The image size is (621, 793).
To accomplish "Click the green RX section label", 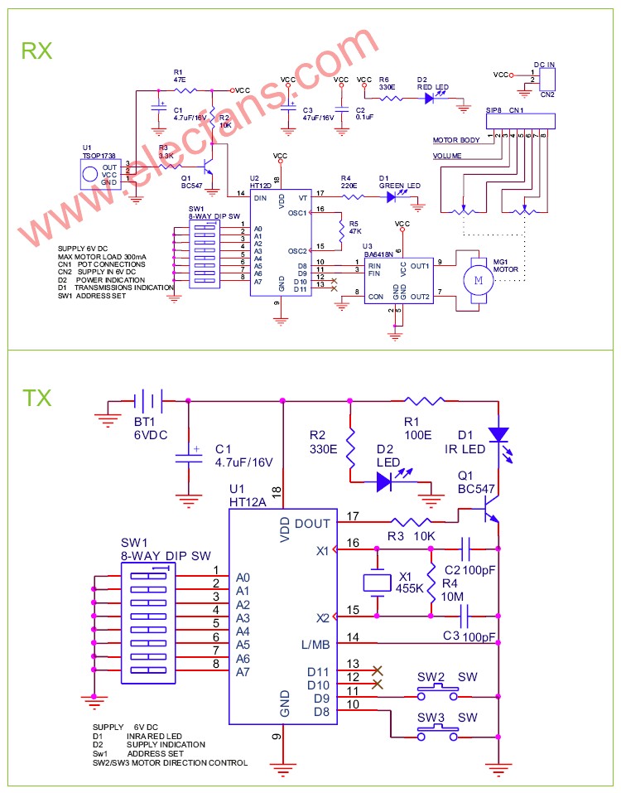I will tap(36, 51).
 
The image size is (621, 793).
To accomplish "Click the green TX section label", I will tap(36, 398).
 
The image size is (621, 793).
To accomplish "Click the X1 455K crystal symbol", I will tap(378, 582).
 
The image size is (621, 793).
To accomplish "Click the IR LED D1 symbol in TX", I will tap(498, 434).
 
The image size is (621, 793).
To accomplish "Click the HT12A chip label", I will tap(249, 502).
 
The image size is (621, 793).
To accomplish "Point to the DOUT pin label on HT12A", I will tap(311, 524).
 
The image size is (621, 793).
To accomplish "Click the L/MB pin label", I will tap(315, 643).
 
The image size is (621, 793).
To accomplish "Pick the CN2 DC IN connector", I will tap(546, 78).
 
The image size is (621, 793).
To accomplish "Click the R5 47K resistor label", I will tap(354, 227).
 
